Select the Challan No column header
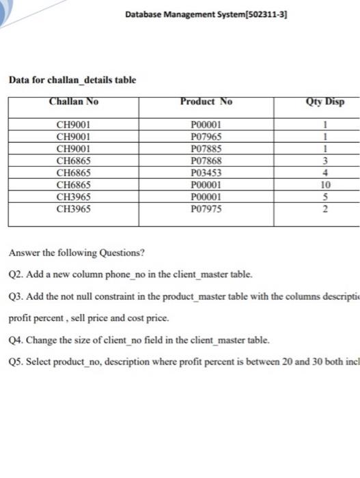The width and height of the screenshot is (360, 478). pyautogui.click(x=74, y=102)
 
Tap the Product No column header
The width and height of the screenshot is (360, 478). pyautogui.click(x=206, y=102)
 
